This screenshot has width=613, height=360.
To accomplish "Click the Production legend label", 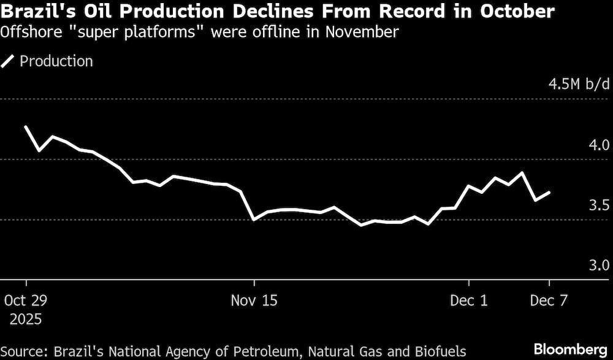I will click(x=56, y=61).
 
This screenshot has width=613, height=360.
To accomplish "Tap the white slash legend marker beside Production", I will click(x=9, y=61).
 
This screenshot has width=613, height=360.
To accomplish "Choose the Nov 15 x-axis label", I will click(x=254, y=301).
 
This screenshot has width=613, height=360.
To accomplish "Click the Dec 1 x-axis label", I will click(x=468, y=301).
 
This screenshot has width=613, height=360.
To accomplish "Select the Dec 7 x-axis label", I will click(x=549, y=301).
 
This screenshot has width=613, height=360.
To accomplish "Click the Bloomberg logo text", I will click(x=569, y=349).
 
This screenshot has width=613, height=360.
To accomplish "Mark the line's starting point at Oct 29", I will click(x=26, y=126).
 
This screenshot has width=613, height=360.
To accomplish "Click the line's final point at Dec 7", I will click(x=549, y=193).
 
